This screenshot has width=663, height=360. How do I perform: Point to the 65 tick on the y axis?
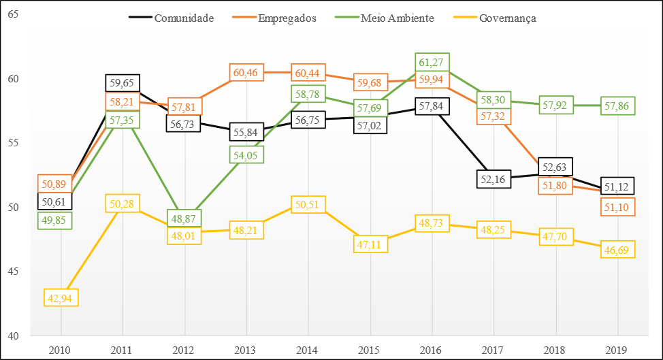13,14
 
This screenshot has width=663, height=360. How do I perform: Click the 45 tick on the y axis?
13,272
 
